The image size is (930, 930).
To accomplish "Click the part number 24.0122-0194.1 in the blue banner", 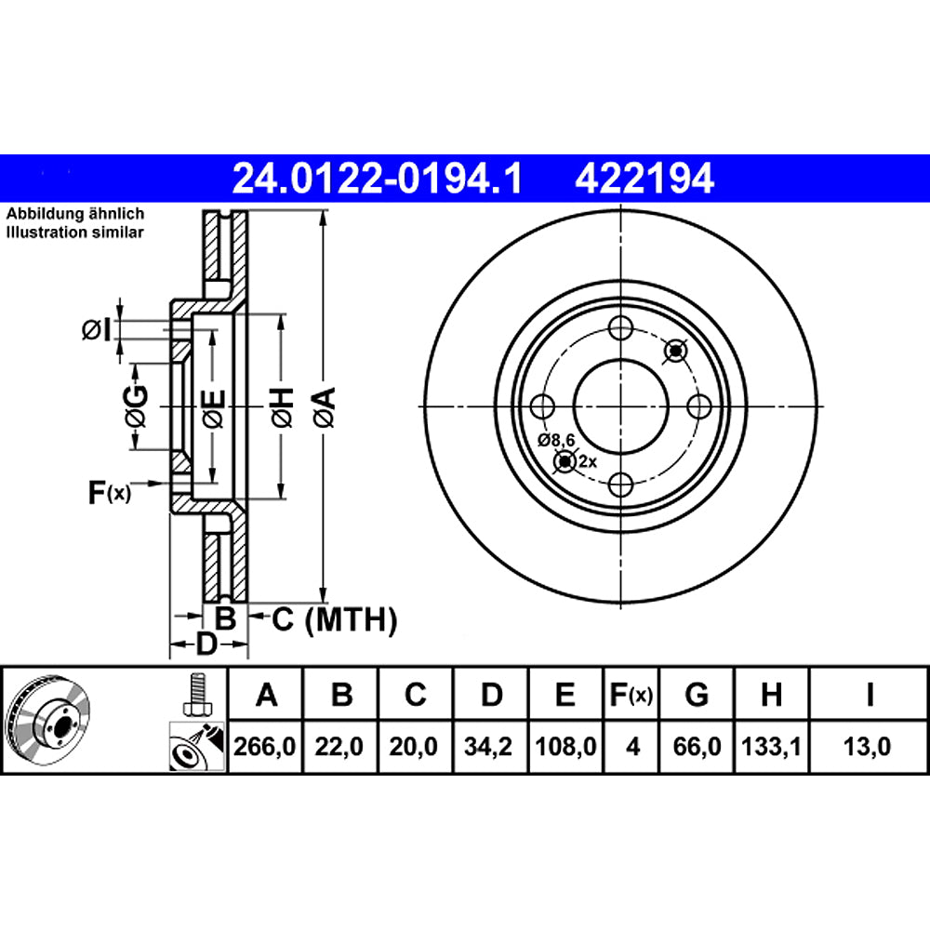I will (378, 178).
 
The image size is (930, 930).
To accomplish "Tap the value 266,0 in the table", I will (267, 746).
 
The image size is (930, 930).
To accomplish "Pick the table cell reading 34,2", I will (491, 746).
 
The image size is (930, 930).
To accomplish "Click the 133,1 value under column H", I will (771, 746).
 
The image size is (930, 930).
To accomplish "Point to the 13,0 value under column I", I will (869, 746).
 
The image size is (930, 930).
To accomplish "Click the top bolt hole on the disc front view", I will (621, 328).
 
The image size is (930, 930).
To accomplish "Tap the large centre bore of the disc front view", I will (621, 405).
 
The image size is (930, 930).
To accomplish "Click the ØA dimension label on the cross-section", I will (323, 406).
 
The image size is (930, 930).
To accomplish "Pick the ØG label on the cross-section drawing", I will (136, 406).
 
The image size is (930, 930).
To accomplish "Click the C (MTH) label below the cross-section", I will (334, 618).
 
